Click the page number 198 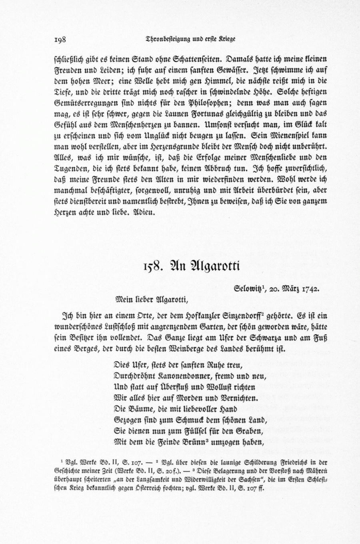(60, 40)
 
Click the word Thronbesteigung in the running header (164, 39)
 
